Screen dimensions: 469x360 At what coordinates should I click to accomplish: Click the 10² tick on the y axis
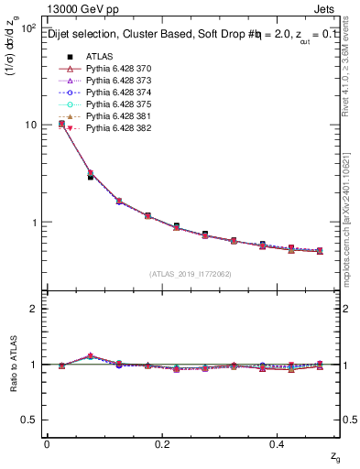click(27, 28)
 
